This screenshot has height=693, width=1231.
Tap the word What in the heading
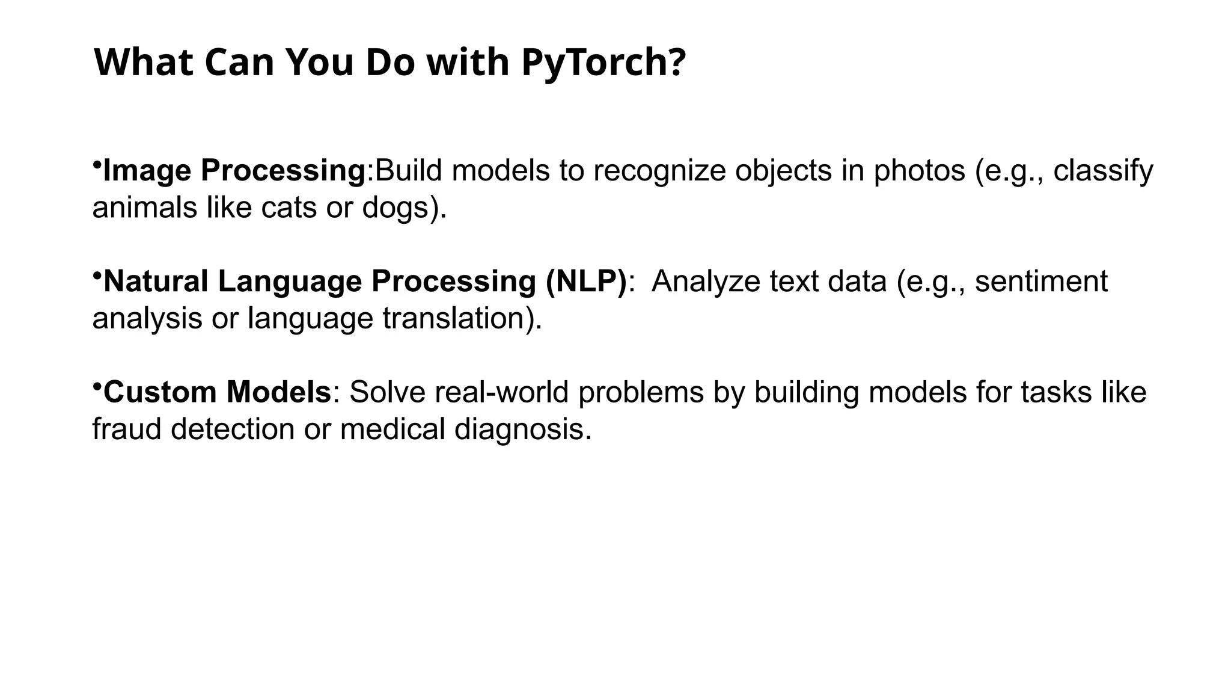[143, 62]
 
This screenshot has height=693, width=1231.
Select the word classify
[1103, 171]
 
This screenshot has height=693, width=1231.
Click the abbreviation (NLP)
[586, 282]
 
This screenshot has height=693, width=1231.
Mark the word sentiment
[1041, 282]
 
